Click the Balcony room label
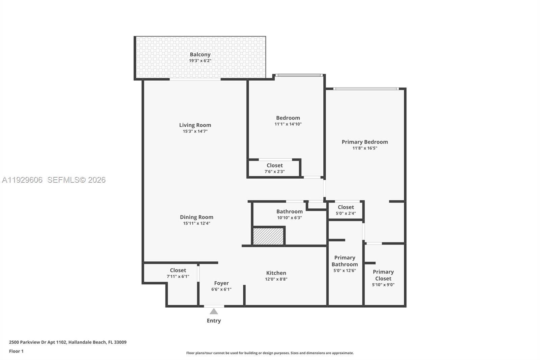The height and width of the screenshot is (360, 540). point(200,54)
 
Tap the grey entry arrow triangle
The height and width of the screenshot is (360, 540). point(214,311)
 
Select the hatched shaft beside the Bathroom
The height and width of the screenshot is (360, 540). point(268,236)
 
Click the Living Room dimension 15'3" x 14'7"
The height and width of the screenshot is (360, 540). point(195,131)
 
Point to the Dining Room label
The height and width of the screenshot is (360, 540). point(196,217)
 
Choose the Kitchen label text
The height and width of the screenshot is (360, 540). point(276,273)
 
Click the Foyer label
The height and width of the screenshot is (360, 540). point(221,283)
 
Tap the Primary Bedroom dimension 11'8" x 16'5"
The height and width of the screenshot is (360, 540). point(364,148)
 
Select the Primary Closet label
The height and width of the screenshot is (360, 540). point(383,275)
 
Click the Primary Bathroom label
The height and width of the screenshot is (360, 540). point(345,261)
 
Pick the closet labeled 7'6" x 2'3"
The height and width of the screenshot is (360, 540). point(274,168)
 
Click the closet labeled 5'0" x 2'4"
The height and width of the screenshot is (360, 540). point(346,210)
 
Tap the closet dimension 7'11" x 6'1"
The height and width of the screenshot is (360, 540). point(178,277)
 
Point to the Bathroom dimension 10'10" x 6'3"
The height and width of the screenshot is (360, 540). point(289,218)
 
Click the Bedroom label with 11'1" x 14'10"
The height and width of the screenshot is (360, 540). point(288,118)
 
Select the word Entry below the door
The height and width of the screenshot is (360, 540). point(214,321)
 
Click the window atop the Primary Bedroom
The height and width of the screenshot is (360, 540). point(366,89)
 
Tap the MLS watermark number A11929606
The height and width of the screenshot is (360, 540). point(22,180)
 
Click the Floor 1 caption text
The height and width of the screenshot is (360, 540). point(16,351)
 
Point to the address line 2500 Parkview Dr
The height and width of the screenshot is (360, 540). point(67,342)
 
